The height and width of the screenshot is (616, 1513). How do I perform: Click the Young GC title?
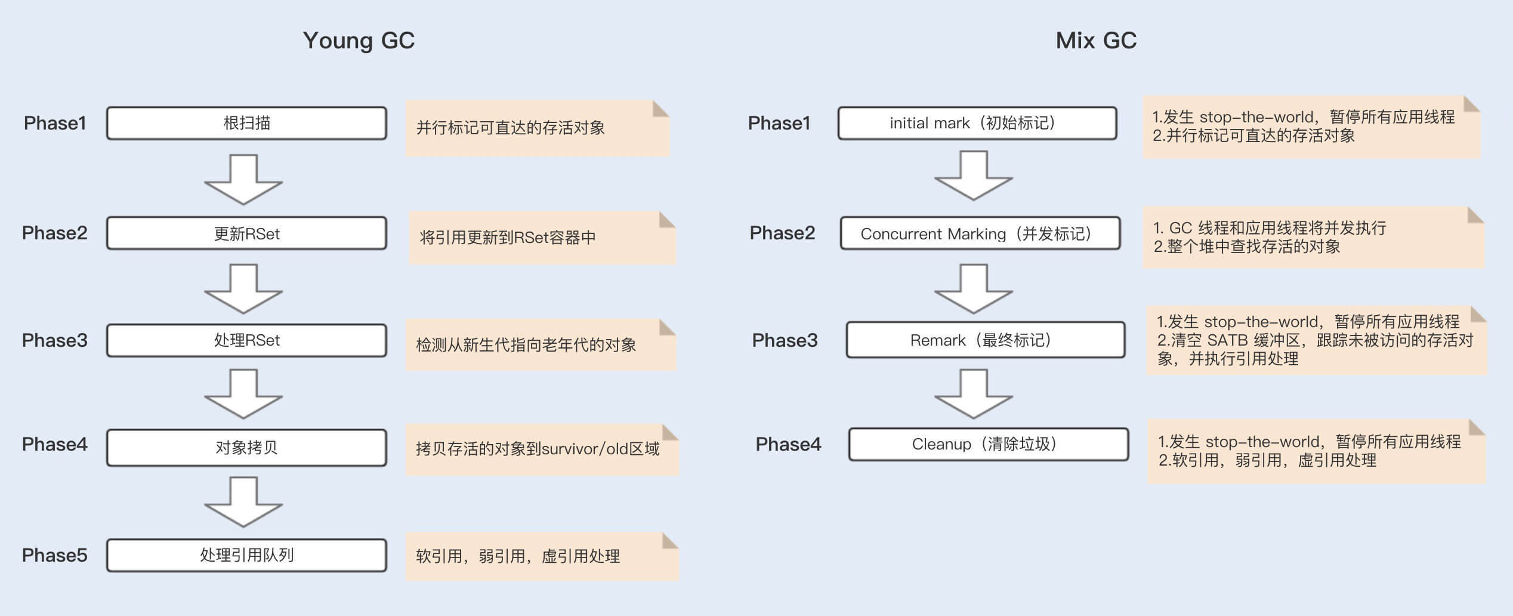click(x=359, y=41)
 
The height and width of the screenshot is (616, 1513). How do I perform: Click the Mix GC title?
click(x=1096, y=41)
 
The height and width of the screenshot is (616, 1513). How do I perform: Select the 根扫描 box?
click(x=246, y=123)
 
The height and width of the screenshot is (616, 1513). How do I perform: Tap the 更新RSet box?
click(x=246, y=233)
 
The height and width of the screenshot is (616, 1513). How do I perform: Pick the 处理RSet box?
click(x=246, y=340)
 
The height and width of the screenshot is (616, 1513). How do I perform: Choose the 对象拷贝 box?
click(x=246, y=447)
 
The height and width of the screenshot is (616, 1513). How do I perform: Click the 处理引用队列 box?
click(x=246, y=555)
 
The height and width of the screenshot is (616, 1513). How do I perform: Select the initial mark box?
click(x=977, y=123)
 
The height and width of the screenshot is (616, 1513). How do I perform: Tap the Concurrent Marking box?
click(x=980, y=233)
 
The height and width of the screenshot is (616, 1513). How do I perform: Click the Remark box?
click(x=985, y=340)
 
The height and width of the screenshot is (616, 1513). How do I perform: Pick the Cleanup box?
click(x=988, y=444)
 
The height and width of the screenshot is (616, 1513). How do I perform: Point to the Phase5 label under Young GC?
click(x=54, y=555)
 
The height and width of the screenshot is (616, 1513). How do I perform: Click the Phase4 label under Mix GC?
click(x=788, y=444)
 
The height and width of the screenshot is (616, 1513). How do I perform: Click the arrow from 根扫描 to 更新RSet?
click(x=243, y=179)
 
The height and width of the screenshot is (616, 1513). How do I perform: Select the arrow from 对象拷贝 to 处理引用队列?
click(x=243, y=501)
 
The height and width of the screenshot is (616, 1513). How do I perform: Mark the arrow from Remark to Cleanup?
click(x=973, y=393)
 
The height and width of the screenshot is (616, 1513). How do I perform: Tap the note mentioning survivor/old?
click(x=541, y=449)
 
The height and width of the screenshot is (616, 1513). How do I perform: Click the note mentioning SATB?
click(x=1316, y=340)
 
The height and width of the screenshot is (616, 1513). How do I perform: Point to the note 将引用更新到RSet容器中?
click(x=541, y=238)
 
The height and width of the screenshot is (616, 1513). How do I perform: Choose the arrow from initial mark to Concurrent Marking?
click(x=973, y=175)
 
